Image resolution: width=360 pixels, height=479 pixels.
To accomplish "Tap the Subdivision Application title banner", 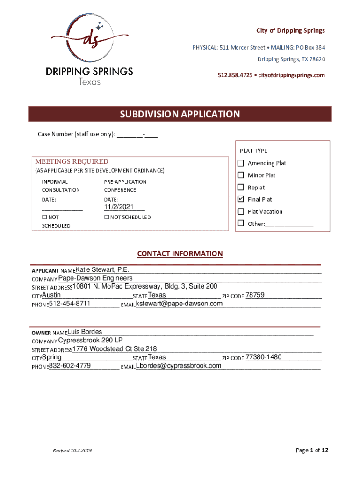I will pos(180,114).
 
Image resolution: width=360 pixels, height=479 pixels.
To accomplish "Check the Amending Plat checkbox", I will pos(241,163).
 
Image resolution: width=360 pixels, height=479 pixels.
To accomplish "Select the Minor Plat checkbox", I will pos(241,175).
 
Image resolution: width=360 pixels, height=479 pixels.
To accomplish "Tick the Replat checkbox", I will pos(241,188).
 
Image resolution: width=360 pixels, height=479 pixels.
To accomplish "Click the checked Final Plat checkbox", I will pos(241,199).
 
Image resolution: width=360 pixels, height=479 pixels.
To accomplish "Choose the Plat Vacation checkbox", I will pos(241,211).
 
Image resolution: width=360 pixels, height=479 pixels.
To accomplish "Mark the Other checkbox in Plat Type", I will pos(241,224).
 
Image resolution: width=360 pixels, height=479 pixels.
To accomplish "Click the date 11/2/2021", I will pos(119,207).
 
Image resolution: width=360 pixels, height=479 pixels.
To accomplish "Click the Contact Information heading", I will pos(180,254).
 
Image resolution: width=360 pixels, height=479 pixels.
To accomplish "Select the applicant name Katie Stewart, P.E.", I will pos(102,269).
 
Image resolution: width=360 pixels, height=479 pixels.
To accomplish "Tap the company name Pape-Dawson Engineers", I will pos(95,278).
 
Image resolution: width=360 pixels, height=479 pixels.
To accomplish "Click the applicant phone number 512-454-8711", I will pos(70,304).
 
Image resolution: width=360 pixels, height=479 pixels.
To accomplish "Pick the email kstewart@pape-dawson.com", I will pos(179,304).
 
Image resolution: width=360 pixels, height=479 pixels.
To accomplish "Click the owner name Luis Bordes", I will pos(85,332).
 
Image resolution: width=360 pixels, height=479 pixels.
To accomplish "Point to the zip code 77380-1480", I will pos(264,357).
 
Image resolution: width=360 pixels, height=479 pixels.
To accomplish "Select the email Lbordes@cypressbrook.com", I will pos(179,365).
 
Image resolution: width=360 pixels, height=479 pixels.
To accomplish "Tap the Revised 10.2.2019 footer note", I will pos(72,450).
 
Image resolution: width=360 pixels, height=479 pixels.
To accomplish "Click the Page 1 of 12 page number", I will pos(312,450).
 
